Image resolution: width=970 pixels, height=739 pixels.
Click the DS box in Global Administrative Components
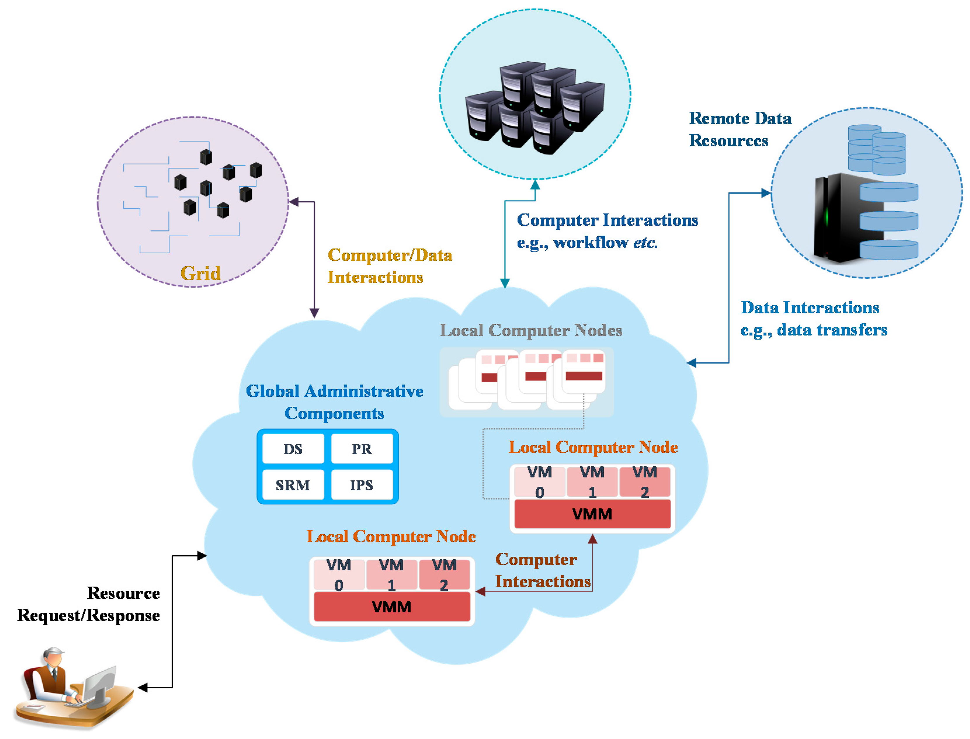293,449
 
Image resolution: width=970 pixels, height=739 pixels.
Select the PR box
361,449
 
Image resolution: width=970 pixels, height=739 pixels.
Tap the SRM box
293,485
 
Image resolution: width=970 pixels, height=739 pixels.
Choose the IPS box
361,485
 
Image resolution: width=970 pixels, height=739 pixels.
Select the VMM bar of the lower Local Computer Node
392,607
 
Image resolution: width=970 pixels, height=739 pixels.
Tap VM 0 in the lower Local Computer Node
339,575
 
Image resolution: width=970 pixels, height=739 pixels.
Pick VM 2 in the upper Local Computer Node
645,482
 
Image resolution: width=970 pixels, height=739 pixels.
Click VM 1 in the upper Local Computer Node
592,482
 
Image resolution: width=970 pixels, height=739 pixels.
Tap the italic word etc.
645,242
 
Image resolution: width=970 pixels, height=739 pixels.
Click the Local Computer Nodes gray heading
531,330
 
